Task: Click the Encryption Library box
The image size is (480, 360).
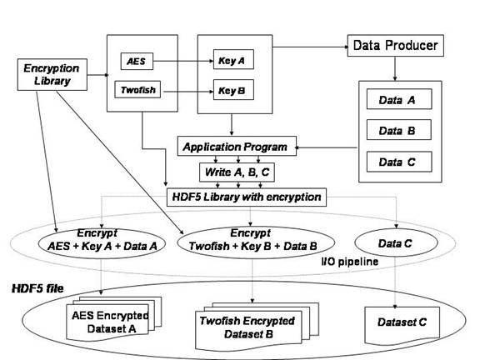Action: (x=52, y=75)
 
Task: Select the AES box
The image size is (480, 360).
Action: (x=137, y=61)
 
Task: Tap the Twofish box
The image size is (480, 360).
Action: (x=137, y=89)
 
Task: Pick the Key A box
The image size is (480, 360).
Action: (x=233, y=59)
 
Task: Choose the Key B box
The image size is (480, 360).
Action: (x=233, y=90)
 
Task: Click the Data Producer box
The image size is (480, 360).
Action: (x=396, y=46)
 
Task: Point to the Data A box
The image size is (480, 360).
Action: (x=399, y=99)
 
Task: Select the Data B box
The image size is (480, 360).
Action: (x=399, y=130)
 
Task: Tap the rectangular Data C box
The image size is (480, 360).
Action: (x=399, y=162)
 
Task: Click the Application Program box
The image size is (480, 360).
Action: (x=237, y=147)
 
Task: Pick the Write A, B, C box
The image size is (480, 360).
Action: (x=237, y=172)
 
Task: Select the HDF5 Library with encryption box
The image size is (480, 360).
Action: (x=247, y=197)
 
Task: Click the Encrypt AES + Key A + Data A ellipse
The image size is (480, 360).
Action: (x=102, y=243)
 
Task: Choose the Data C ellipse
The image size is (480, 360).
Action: (x=396, y=242)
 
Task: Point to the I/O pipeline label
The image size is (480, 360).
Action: (x=350, y=262)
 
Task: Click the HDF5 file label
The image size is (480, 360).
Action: (x=37, y=288)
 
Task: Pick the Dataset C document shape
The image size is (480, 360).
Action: (x=402, y=325)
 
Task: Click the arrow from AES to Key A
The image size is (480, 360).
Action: (x=183, y=61)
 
